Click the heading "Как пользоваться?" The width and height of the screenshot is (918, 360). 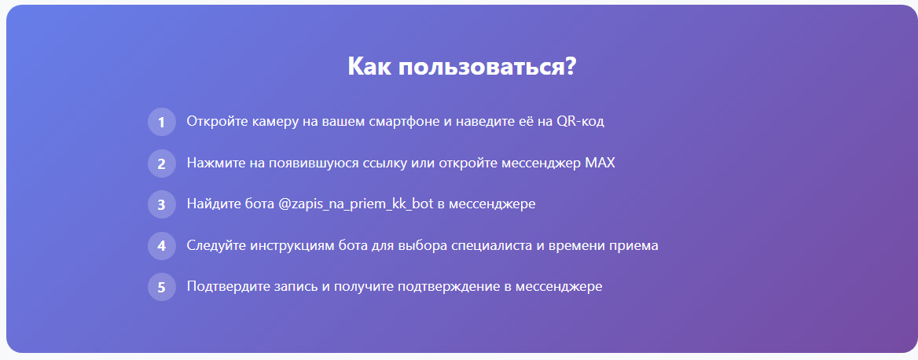click(462, 67)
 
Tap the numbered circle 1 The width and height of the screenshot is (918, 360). click(162, 122)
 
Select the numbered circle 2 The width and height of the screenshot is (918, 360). click(162, 163)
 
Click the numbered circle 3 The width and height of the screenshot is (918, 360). click(162, 204)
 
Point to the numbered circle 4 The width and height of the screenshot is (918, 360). click(162, 246)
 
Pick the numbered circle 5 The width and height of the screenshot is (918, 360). click(162, 287)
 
